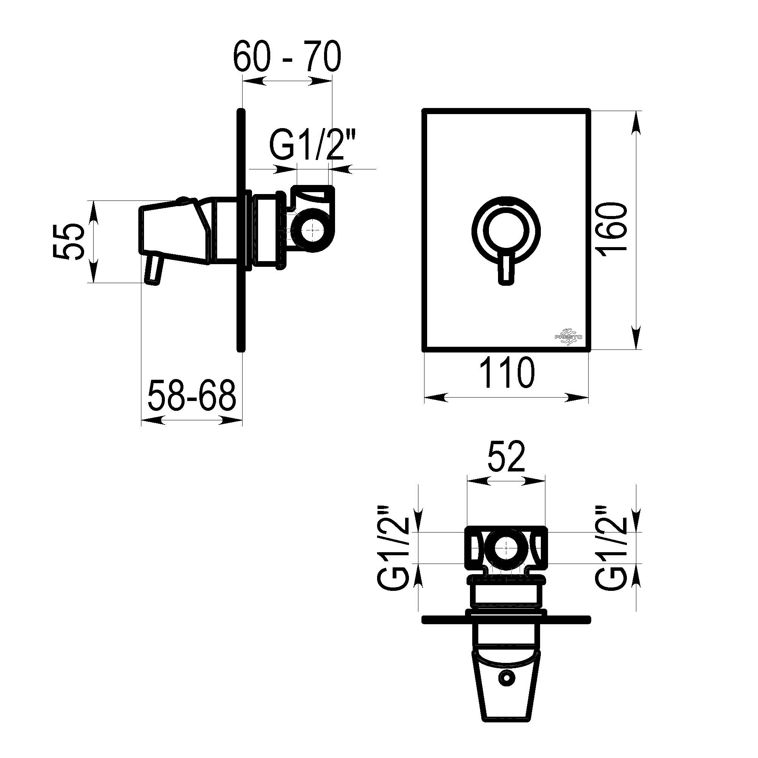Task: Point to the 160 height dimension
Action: click(614, 230)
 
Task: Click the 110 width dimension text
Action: click(507, 372)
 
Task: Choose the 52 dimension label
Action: click(506, 457)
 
